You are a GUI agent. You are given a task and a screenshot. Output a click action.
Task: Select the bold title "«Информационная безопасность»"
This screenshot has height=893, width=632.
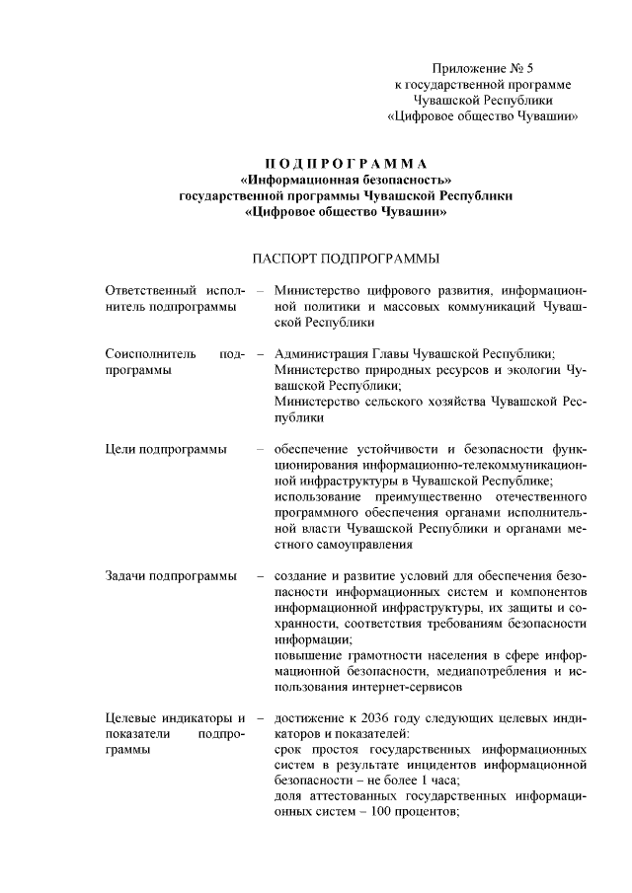click(x=346, y=179)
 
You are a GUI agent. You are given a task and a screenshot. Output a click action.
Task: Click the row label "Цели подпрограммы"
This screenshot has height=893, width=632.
click(x=165, y=450)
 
